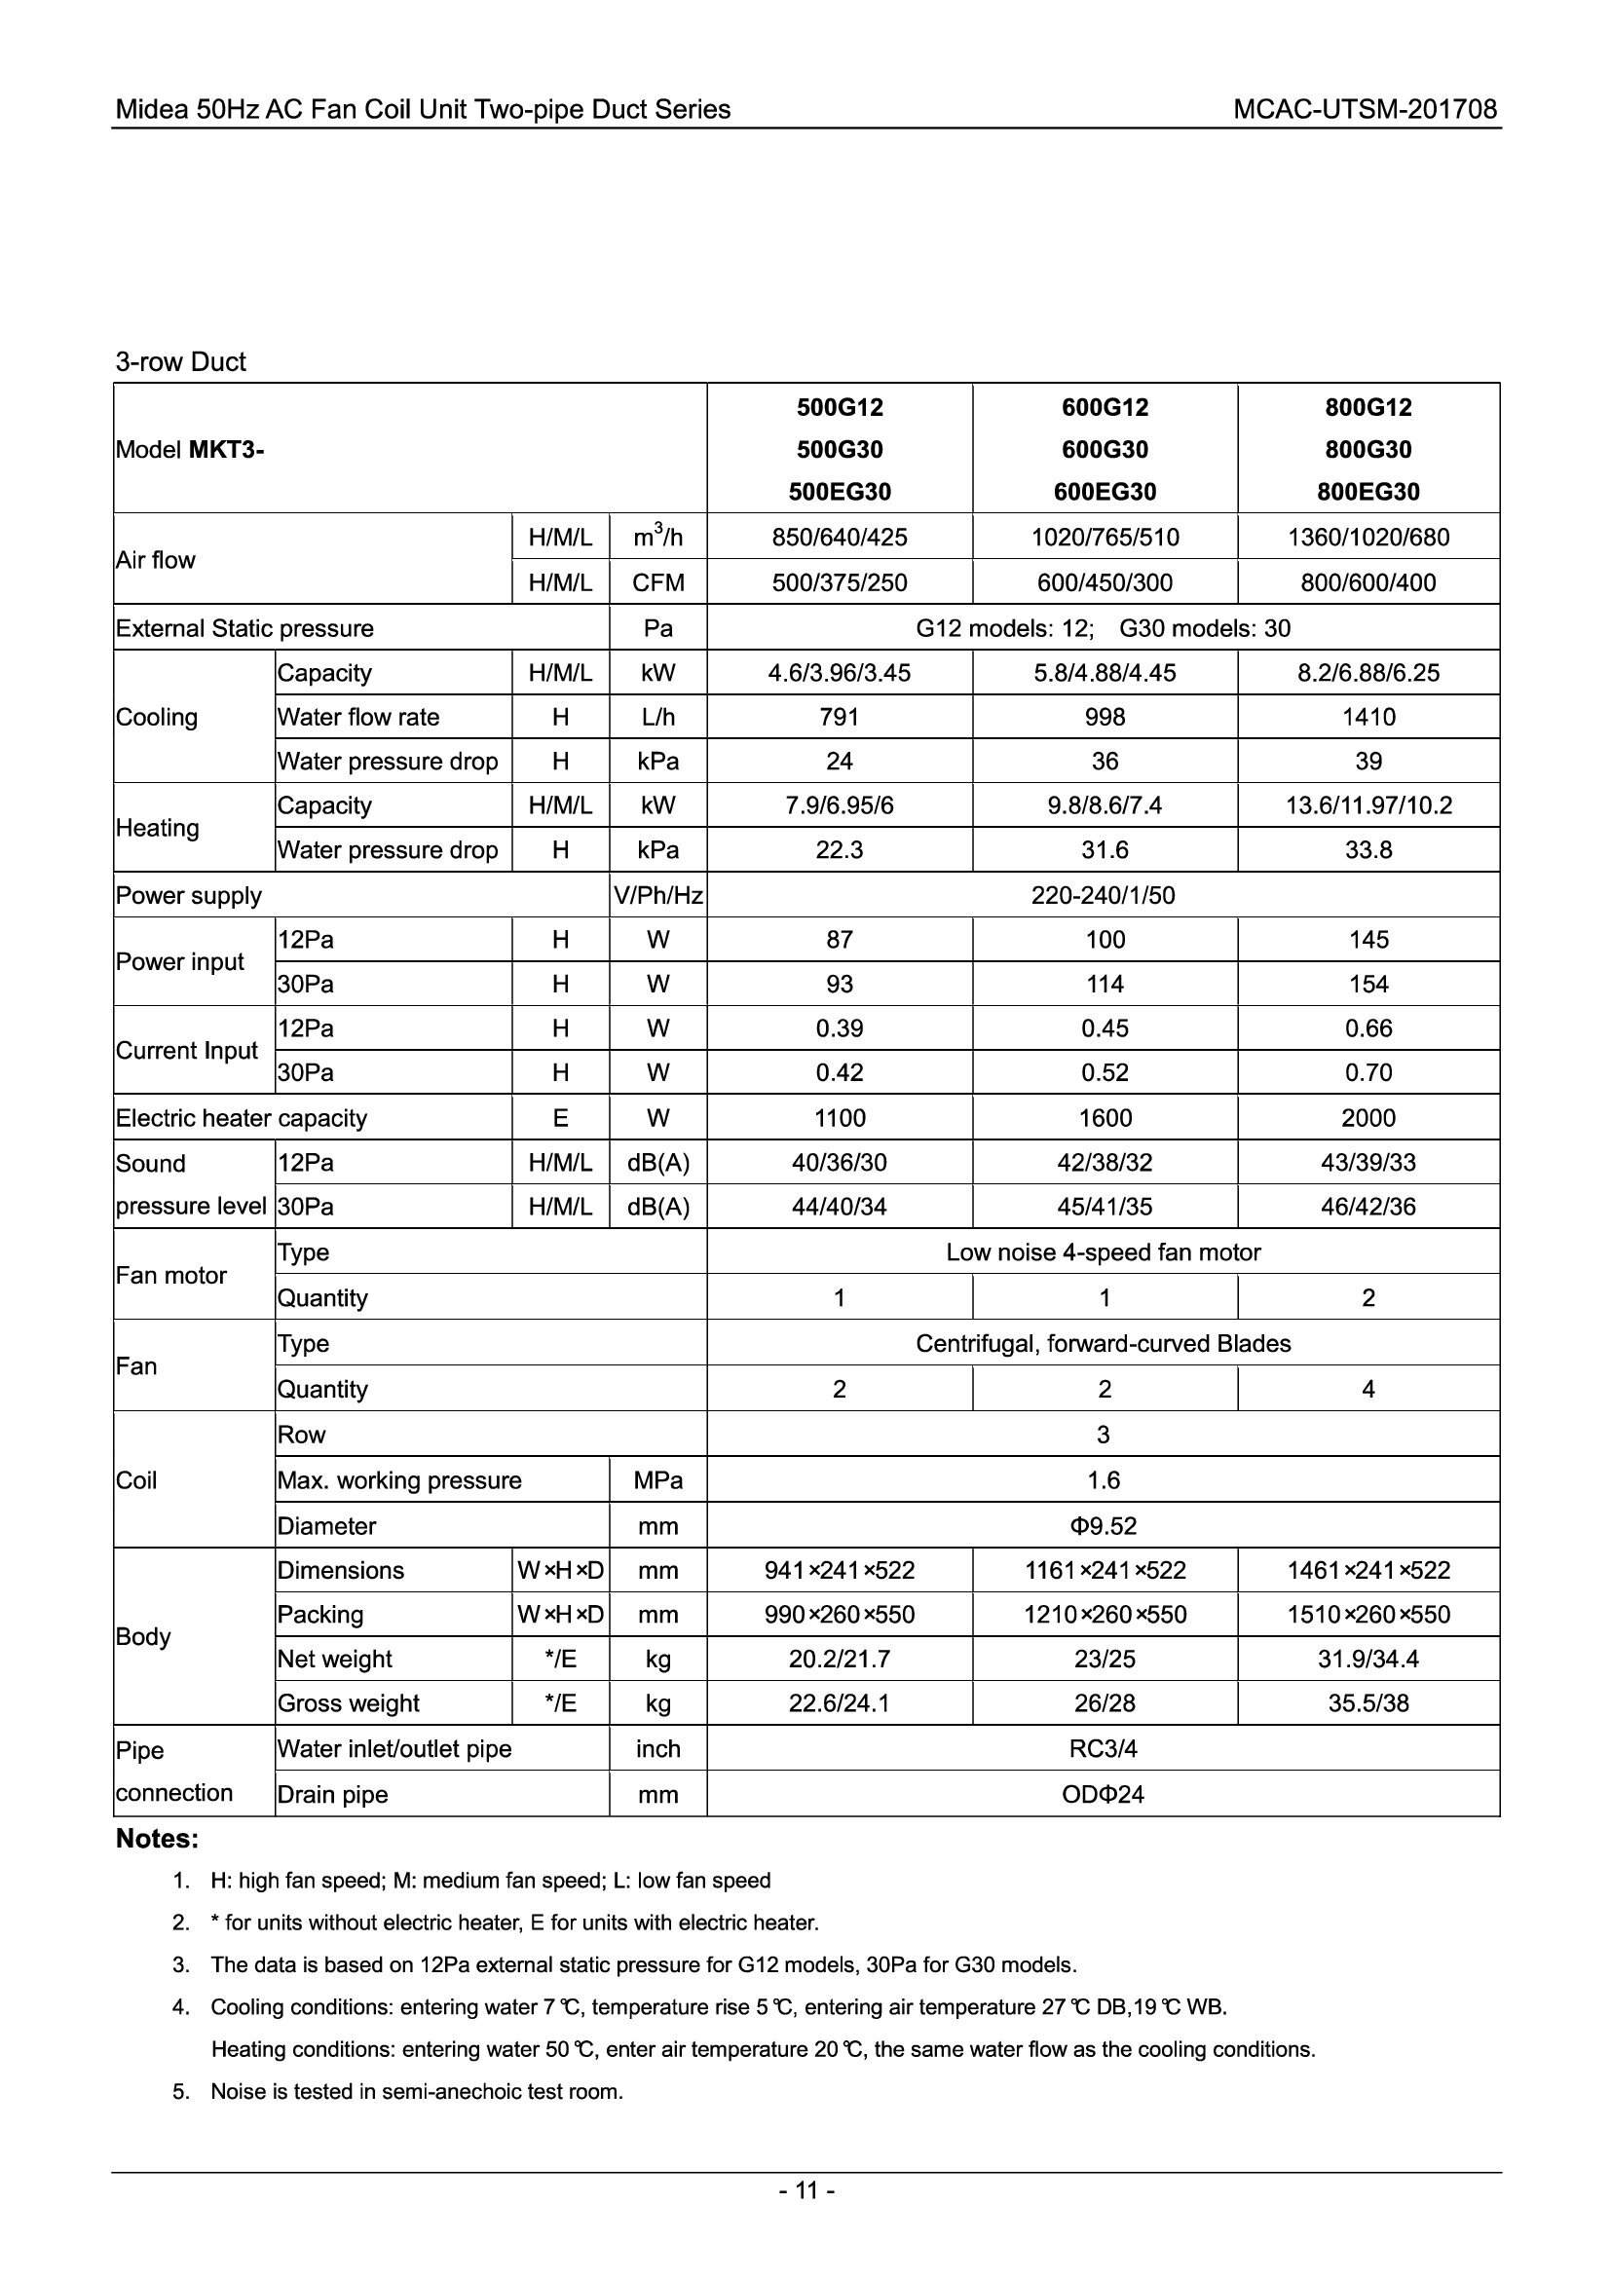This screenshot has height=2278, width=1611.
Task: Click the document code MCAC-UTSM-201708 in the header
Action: [x=1364, y=109]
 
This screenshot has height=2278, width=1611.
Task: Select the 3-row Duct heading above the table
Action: [x=180, y=362]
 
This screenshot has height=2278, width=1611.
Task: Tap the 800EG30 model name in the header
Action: [x=1367, y=491]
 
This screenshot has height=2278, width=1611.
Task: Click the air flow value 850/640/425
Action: [x=840, y=538]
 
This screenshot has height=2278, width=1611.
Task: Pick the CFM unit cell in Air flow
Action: [x=657, y=582]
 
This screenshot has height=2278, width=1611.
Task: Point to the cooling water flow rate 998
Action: [x=1105, y=718]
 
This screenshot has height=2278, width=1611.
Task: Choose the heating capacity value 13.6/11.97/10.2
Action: [x=1367, y=805]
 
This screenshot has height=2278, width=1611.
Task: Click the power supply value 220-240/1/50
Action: [x=1104, y=896]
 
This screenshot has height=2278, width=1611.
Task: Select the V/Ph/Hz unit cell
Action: [x=657, y=896]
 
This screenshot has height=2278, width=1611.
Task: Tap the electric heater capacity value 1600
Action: [x=1105, y=1118]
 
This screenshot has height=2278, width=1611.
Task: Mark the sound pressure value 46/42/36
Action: [x=1367, y=1207]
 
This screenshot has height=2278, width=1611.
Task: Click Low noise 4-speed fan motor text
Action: [x=1104, y=1252]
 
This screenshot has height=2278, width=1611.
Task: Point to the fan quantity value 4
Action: [x=1367, y=1389]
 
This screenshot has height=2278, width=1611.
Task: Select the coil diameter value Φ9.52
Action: [x=1104, y=1526]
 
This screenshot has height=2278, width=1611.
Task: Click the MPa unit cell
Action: [x=657, y=1480]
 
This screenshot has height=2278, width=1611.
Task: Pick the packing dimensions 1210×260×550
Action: [x=1105, y=1614]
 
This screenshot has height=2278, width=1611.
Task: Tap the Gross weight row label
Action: [x=348, y=1703]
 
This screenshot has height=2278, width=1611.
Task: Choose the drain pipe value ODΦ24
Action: [x=1104, y=1795]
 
